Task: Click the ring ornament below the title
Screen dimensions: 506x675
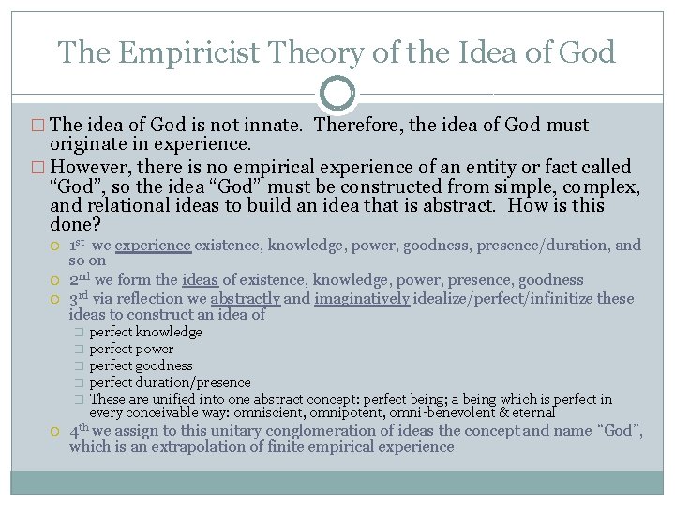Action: coord(337,94)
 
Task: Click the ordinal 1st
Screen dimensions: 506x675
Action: coord(79,246)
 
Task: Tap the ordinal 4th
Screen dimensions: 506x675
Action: coord(80,431)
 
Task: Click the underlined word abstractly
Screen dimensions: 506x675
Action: coord(246,299)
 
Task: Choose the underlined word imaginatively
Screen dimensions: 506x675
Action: coord(362,299)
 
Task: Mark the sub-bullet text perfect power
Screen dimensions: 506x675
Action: coord(131,349)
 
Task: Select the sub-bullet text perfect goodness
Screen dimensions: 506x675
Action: coord(141,365)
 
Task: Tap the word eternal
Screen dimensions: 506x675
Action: coord(533,412)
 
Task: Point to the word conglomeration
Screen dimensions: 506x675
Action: coord(322,431)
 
